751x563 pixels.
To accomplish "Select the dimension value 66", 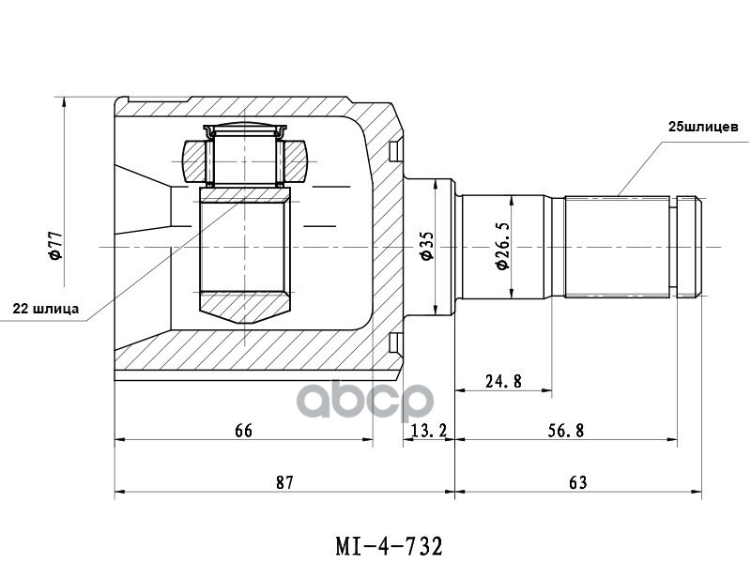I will tap(243, 431).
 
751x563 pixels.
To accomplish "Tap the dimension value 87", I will tap(284, 482).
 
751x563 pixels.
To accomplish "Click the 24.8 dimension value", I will tap(503, 381).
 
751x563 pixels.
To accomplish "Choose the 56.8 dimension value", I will tap(566, 431).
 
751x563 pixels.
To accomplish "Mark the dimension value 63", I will tap(577, 482).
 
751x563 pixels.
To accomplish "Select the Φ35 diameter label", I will tap(426, 246).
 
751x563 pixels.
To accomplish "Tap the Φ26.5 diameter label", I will tap(502, 247).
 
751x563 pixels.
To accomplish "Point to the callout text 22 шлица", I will tap(45, 307).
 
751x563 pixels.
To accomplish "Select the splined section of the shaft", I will tap(620, 246).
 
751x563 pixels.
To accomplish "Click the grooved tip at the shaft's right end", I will tap(690, 246).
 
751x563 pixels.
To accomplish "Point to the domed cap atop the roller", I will tap(244, 129).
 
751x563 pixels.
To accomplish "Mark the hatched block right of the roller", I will tap(296, 160).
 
